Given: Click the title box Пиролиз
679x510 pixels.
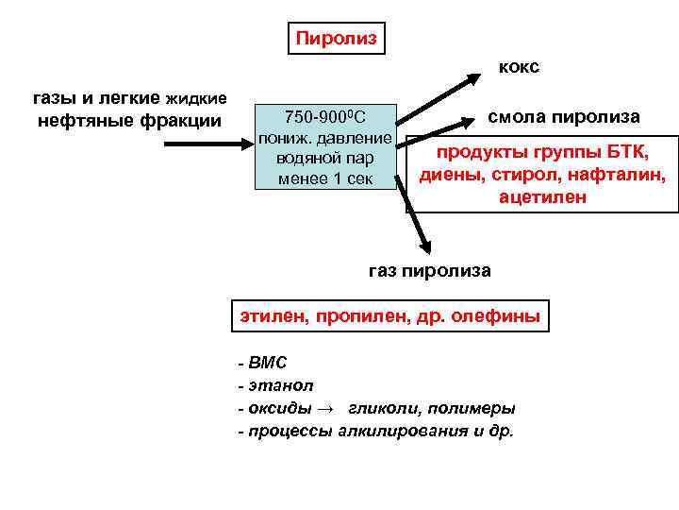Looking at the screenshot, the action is pos(337,39).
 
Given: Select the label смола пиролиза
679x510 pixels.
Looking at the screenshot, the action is pos(563,117).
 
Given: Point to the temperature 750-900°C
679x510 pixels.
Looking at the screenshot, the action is pos(324,116).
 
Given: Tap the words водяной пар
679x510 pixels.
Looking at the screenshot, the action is pos(325,158).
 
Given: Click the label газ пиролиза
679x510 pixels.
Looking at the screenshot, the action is pos(429,271).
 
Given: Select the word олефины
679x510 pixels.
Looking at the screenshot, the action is pos(498,316).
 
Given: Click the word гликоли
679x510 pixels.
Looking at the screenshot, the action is pos(378,408).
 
